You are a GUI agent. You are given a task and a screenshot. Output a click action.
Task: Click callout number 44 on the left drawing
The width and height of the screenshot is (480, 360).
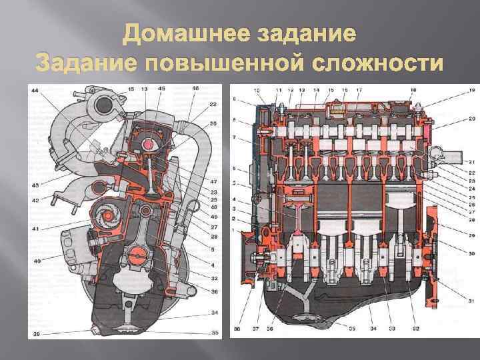pyautogui.click(x=34, y=90)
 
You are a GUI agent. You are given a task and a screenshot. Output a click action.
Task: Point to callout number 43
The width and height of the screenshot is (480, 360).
pyautogui.click(x=34, y=185)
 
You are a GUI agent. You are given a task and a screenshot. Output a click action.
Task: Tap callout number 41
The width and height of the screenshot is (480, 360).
pyautogui.click(x=34, y=229)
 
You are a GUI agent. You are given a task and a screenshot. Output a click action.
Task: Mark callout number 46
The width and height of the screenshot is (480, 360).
pyautogui.click(x=195, y=89)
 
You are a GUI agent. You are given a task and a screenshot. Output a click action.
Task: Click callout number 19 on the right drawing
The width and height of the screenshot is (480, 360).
pyautogui.click(x=453, y=89)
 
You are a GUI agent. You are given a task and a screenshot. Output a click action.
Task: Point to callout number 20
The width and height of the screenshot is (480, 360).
pyautogui.click(x=453, y=118)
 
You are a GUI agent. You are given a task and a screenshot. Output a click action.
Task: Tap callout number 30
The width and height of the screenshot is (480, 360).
pyautogui.click(x=453, y=253)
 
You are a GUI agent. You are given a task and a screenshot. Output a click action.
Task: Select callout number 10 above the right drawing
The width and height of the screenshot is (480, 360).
pyautogui.click(x=257, y=89)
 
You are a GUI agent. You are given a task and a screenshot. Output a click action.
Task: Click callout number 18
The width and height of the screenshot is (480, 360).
pyautogui.click(x=413, y=89)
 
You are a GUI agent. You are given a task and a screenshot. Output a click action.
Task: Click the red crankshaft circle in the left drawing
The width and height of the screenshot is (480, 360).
pyautogui.click(x=138, y=255)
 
